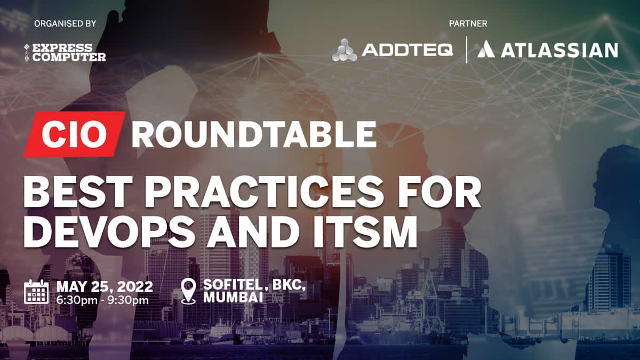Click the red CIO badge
(x=75, y=134)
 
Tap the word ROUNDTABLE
(x=254, y=134)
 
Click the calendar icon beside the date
(x=36, y=292)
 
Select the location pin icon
(x=189, y=291)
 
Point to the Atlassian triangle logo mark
(x=486, y=49)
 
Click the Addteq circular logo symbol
(x=345, y=50)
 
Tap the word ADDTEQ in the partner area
(x=407, y=50)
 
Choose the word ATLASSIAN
(x=559, y=50)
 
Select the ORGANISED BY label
(x=65, y=23)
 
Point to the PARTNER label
(x=468, y=23)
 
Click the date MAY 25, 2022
(x=105, y=286)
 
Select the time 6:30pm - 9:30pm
(x=102, y=300)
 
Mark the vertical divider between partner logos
(x=467, y=50)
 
